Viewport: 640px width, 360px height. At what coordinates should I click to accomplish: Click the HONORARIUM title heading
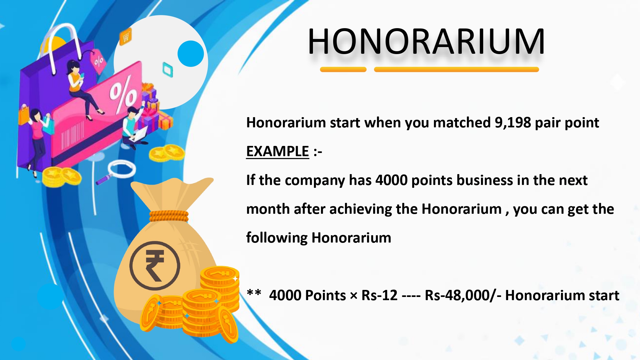click(426, 42)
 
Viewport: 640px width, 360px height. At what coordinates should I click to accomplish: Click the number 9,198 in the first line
click(513, 123)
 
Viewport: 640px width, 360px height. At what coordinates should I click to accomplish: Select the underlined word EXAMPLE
click(277, 151)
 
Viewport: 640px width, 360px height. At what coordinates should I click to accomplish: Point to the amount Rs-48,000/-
click(463, 295)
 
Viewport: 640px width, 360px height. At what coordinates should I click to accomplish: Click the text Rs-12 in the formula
click(380, 295)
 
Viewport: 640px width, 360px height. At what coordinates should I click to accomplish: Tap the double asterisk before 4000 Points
click(254, 293)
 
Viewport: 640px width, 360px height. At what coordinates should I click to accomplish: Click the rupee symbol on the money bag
click(155, 266)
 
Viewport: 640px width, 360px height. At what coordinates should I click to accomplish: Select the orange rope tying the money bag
click(169, 216)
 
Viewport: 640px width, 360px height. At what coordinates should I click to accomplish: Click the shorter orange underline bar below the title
click(343, 69)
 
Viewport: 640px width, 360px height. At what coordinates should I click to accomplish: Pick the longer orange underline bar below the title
click(456, 69)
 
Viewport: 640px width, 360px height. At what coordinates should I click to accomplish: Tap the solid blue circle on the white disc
click(191, 53)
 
